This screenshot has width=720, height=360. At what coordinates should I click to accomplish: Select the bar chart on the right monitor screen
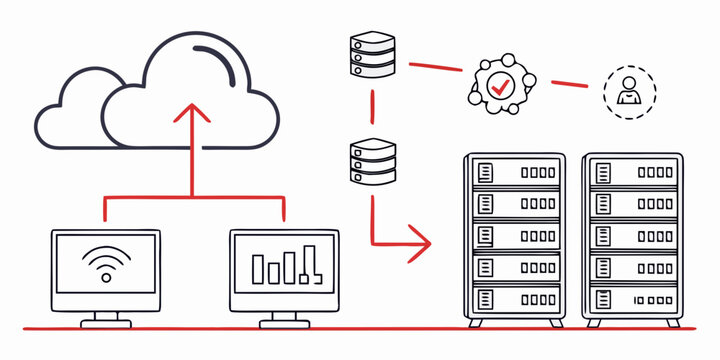tap(284, 267)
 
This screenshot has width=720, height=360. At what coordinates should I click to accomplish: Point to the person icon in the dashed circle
tap(630, 93)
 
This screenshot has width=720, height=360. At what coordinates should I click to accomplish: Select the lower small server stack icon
tap(374, 161)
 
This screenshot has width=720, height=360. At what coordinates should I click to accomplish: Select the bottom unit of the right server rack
tap(632, 297)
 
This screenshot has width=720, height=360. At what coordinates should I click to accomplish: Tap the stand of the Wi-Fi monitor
tap(105, 318)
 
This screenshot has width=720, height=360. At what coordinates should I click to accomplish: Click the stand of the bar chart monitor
tap(284, 318)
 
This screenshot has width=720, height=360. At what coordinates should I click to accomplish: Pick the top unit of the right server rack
tap(632, 173)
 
